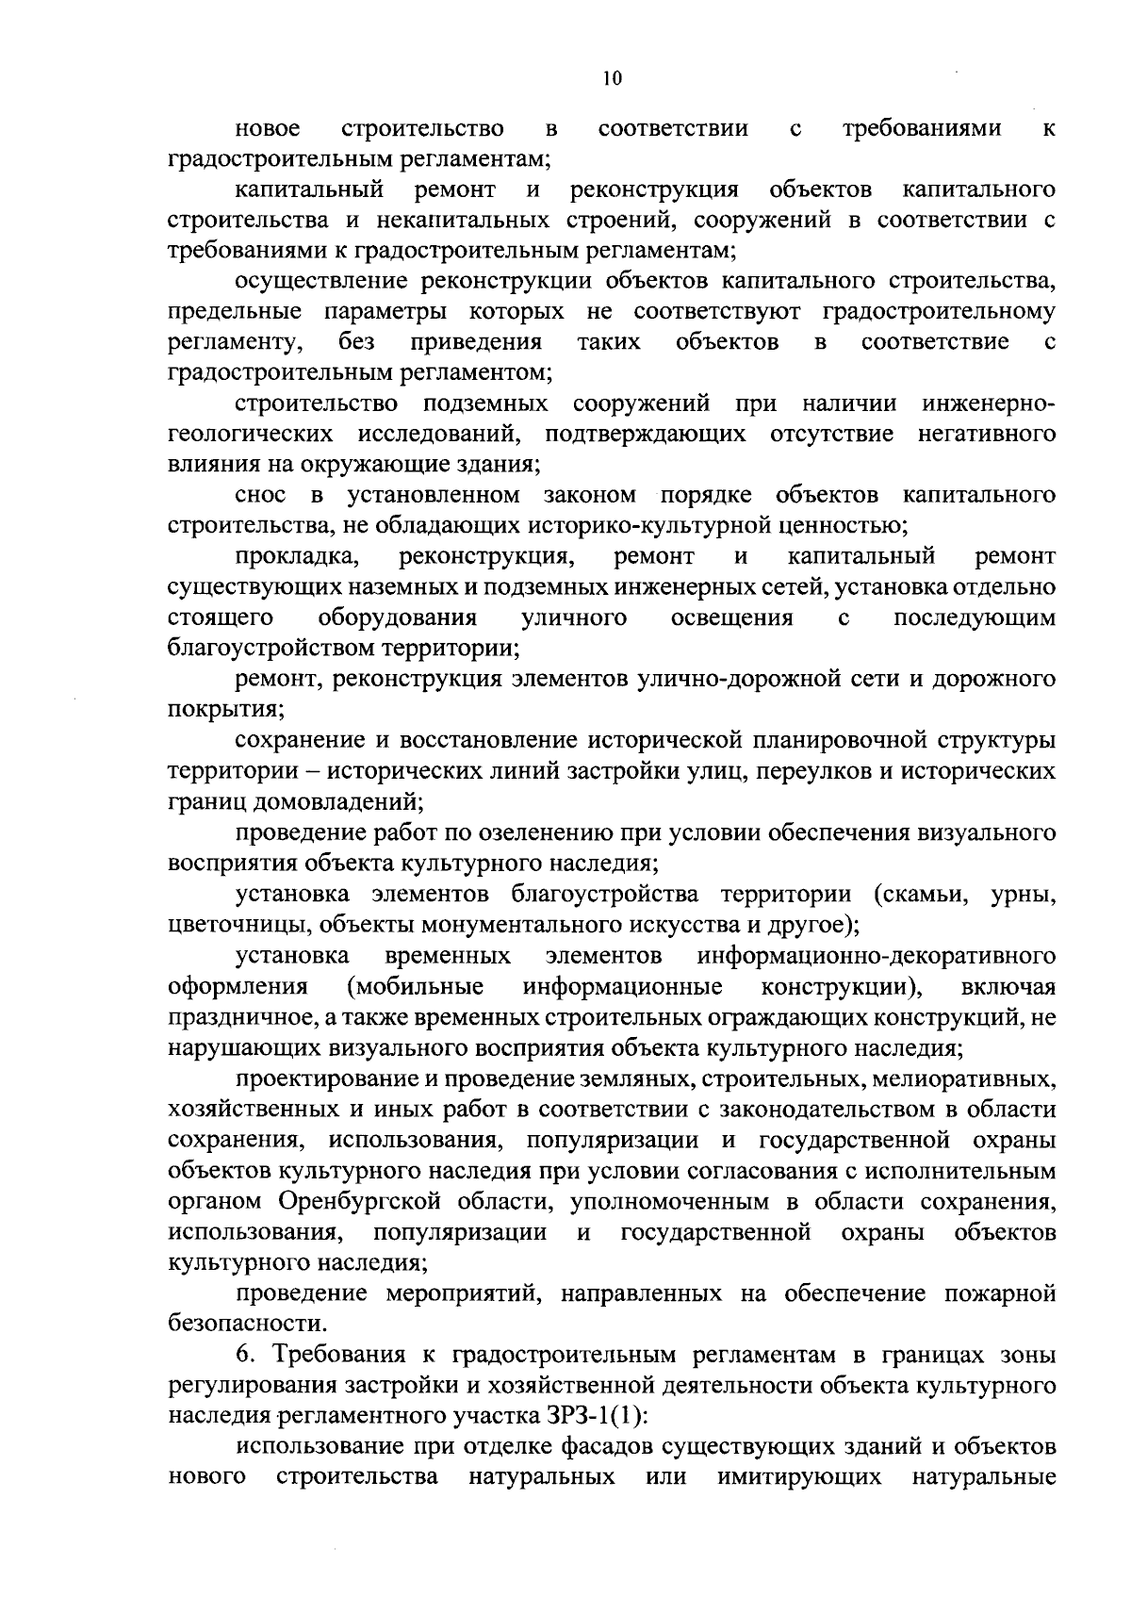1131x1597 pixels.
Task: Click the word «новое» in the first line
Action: (x=268, y=128)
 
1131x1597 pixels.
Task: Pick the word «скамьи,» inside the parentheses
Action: (x=925, y=894)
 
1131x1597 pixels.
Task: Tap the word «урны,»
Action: (x=1024, y=894)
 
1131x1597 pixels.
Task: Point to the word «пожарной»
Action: (x=1005, y=1293)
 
